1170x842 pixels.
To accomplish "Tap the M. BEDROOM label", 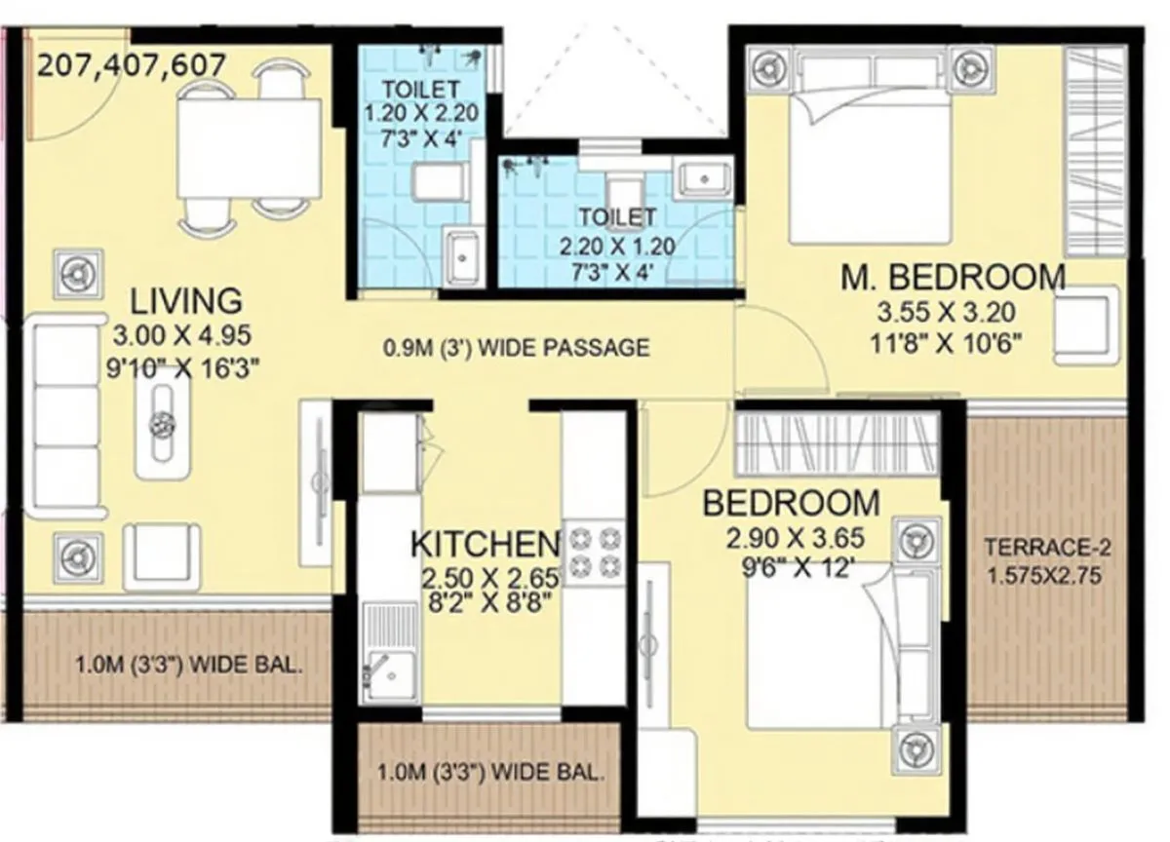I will [953, 278].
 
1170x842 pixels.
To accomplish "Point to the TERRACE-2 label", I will [1042, 547].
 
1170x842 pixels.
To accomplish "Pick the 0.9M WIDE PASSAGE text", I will [515, 348].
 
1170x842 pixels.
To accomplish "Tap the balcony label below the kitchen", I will [491, 776].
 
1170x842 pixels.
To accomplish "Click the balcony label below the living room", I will [188, 668].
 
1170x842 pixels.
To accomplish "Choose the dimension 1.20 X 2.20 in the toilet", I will [411, 113].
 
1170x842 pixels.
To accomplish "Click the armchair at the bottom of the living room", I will [162, 555].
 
